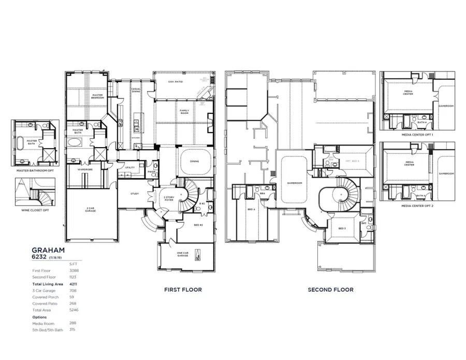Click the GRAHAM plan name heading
pos(48,250)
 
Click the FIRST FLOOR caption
pos(183,290)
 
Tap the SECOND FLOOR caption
pos(330,290)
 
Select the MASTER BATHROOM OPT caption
pos(35,170)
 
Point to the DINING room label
pos(194,162)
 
